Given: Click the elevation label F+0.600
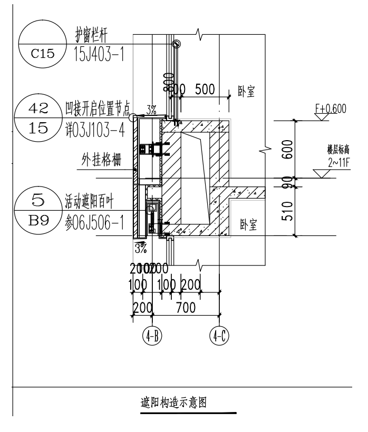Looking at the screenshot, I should click(330, 109).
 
